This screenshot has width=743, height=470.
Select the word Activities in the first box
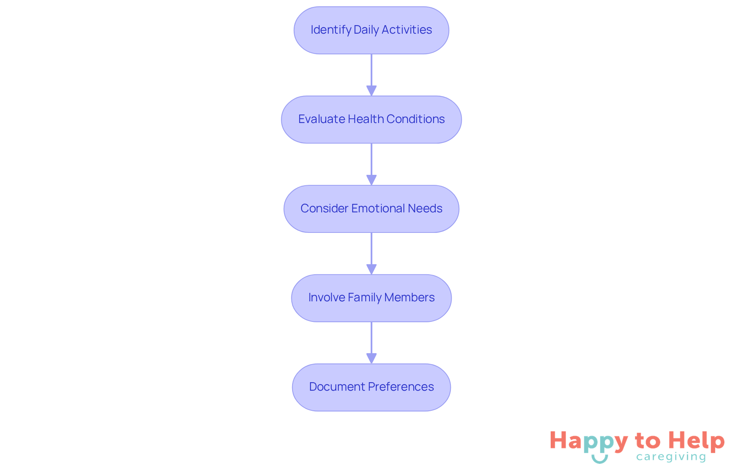(407, 30)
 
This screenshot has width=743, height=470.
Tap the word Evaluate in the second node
(322, 119)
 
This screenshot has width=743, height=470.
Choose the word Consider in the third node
(324, 209)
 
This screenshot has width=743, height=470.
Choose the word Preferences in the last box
(401, 387)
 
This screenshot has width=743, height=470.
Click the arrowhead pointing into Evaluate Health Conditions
(371, 91)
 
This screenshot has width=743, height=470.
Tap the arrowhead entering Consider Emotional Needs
(371, 180)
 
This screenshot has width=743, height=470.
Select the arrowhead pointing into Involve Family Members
(371, 269)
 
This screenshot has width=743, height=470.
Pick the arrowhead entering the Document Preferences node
(371, 358)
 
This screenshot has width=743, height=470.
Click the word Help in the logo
(696, 441)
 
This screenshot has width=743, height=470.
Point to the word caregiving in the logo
(671, 457)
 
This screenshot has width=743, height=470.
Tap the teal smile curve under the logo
(599, 459)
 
